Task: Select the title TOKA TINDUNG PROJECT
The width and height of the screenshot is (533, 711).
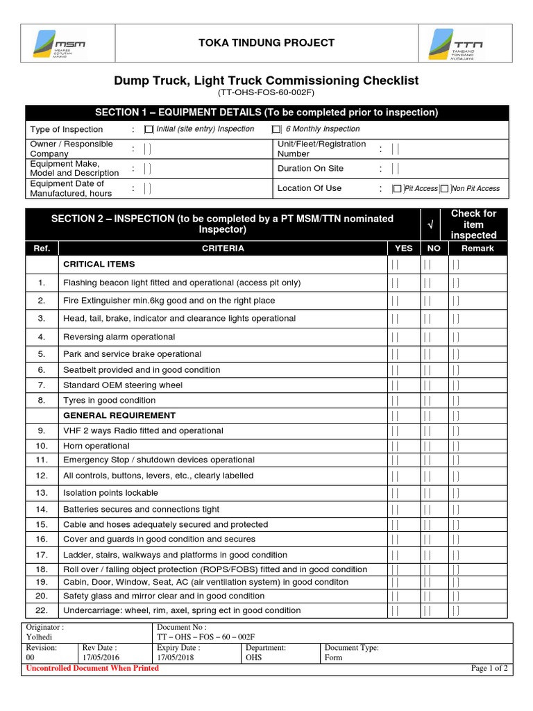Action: pyautogui.click(x=266, y=43)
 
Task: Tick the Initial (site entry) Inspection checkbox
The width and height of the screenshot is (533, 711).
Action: pyautogui.click(x=149, y=129)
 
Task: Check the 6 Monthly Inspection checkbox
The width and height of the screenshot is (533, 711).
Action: pyautogui.click(x=276, y=129)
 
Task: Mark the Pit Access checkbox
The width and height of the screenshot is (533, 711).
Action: pyautogui.click(x=397, y=188)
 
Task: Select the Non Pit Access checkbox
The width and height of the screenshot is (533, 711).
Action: pyautogui.click(x=445, y=188)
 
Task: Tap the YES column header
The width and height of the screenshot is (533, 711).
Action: pyautogui.click(x=403, y=248)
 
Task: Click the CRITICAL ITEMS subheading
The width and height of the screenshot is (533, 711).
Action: pyautogui.click(x=99, y=265)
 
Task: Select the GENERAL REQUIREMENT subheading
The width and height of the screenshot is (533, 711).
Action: pyautogui.click(x=119, y=415)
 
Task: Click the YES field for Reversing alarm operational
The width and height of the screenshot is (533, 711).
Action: pyautogui.click(x=394, y=337)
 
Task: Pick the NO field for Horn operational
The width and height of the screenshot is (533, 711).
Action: pyautogui.click(x=428, y=446)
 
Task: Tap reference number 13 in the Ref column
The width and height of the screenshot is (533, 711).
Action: pyautogui.click(x=42, y=493)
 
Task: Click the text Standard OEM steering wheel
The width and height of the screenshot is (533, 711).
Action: pyautogui.click(x=123, y=385)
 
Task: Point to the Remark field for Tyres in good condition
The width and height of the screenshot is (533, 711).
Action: pyautogui.click(x=455, y=401)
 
